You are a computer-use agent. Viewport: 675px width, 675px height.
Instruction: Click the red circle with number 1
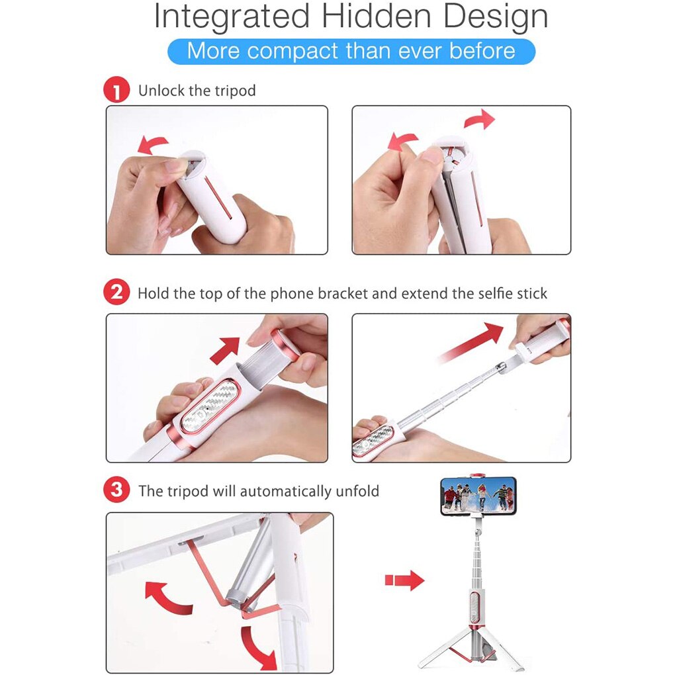[116, 89]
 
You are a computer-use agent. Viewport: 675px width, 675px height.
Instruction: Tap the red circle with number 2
[116, 292]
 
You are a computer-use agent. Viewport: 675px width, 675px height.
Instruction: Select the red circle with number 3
[116, 490]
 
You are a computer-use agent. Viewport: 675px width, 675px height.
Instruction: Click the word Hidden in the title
[377, 17]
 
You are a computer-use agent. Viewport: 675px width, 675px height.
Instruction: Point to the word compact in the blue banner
[292, 51]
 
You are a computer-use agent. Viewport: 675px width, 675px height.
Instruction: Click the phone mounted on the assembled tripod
[478, 496]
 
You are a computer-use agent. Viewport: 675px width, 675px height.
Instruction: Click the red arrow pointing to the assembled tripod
[404, 580]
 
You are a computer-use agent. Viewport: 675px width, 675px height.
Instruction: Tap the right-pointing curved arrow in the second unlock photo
[480, 119]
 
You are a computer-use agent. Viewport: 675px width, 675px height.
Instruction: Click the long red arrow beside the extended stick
[471, 342]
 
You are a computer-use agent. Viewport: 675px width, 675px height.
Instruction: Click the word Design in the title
[496, 17]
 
